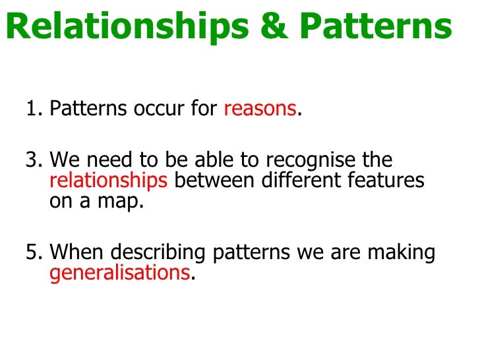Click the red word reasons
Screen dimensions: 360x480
point(260,109)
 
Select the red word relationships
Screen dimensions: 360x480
point(109,181)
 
